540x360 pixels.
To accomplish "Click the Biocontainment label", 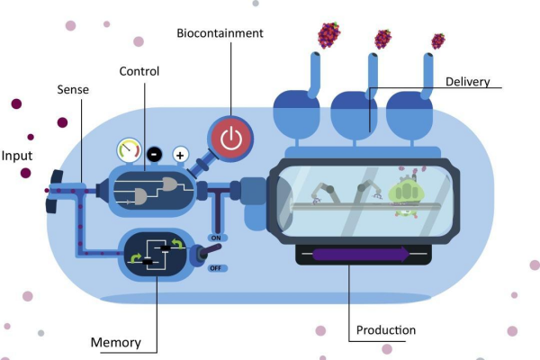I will [220, 33].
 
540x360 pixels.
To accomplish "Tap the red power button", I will [231, 139].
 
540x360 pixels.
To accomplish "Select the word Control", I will [139, 71].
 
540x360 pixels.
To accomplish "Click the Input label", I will [17, 154].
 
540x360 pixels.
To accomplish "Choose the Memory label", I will [116, 342].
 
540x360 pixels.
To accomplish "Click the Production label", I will [386, 330].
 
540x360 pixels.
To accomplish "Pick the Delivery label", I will [468, 82].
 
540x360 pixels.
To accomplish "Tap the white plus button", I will [180, 154].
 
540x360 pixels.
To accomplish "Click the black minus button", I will [154, 153].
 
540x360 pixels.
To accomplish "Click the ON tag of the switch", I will [215, 236].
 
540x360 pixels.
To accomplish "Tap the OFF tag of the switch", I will [215, 267].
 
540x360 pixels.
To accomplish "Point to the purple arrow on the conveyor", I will [359, 255].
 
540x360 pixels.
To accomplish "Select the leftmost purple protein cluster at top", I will [328, 35].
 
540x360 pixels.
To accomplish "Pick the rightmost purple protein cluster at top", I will [437, 40].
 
